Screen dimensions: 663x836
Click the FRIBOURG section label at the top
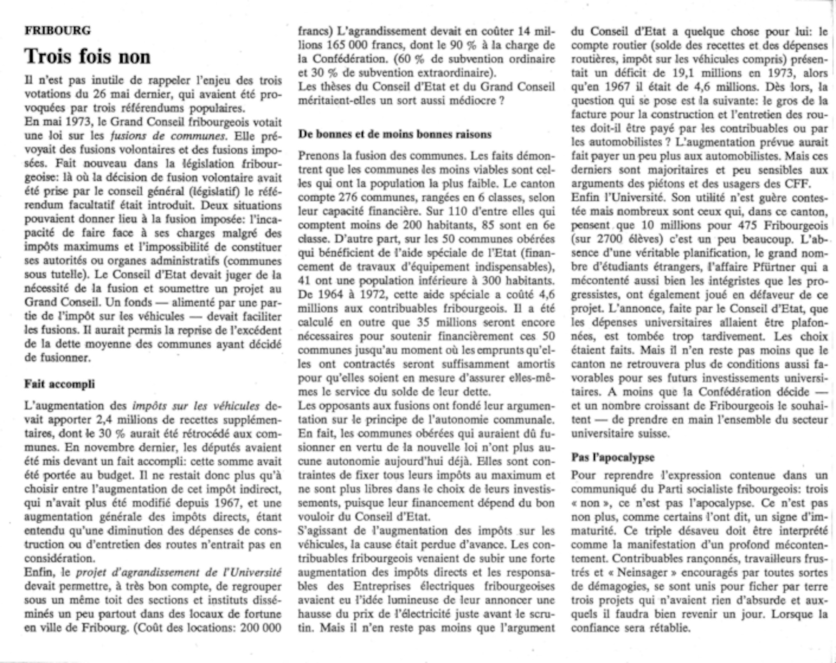click(x=58, y=31)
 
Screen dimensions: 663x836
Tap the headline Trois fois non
click(x=87, y=56)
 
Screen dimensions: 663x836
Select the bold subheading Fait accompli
click(x=59, y=384)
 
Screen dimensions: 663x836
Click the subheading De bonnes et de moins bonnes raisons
click(x=395, y=134)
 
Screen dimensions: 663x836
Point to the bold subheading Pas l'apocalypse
click(x=613, y=457)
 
